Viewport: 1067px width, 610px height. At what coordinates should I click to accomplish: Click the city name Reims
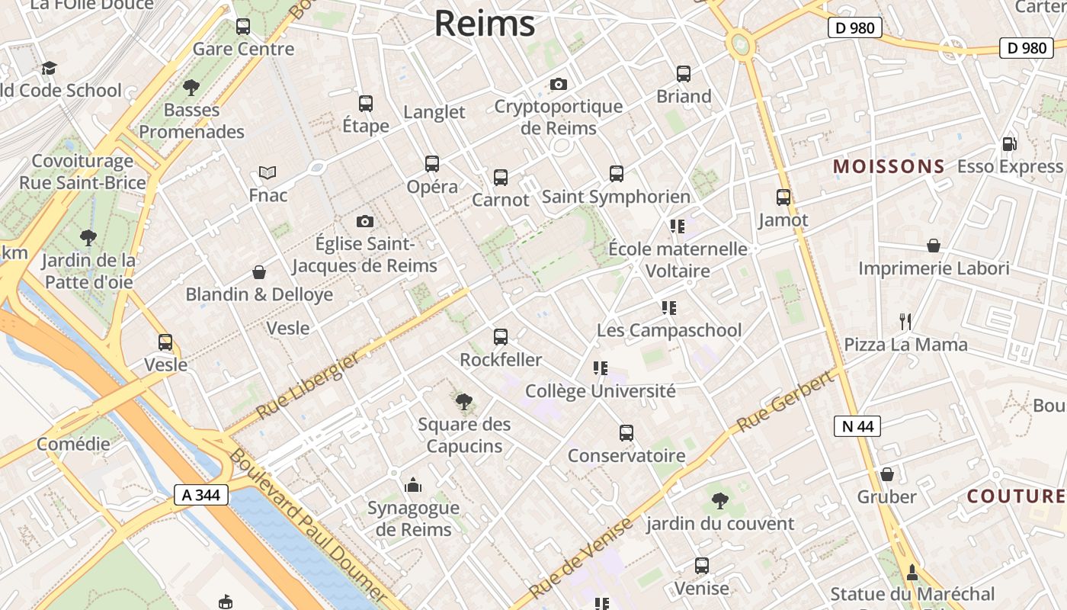(x=485, y=24)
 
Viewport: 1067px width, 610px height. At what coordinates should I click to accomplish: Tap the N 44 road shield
(x=857, y=426)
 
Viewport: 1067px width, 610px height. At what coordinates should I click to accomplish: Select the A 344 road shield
(x=201, y=495)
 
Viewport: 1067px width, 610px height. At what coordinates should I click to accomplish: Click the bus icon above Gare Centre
(x=243, y=27)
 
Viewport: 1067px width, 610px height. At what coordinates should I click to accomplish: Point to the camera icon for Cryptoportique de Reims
(x=559, y=84)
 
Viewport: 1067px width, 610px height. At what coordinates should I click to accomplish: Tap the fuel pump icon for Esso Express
(x=1009, y=144)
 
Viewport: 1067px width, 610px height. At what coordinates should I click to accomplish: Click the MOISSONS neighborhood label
(x=889, y=166)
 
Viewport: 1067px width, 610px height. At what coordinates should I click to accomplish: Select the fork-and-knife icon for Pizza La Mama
(x=905, y=322)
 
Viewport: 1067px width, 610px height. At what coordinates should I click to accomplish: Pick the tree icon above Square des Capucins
(x=463, y=402)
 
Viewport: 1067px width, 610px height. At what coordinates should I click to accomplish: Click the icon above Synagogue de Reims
(x=413, y=485)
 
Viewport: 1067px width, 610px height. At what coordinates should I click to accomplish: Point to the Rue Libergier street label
(x=307, y=386)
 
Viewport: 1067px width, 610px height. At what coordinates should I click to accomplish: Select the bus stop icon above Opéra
(x=432, y=164)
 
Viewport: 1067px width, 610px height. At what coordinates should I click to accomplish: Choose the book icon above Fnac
(x=268, y=173)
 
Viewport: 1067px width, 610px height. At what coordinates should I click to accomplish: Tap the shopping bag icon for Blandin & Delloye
(x=259, y=272)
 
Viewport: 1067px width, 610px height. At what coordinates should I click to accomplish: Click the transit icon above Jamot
(x=783, y=197)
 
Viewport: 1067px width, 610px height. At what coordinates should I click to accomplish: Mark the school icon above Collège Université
(x=601, y=369)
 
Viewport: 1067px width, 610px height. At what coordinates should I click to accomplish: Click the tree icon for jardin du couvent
(x=719, y=501)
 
